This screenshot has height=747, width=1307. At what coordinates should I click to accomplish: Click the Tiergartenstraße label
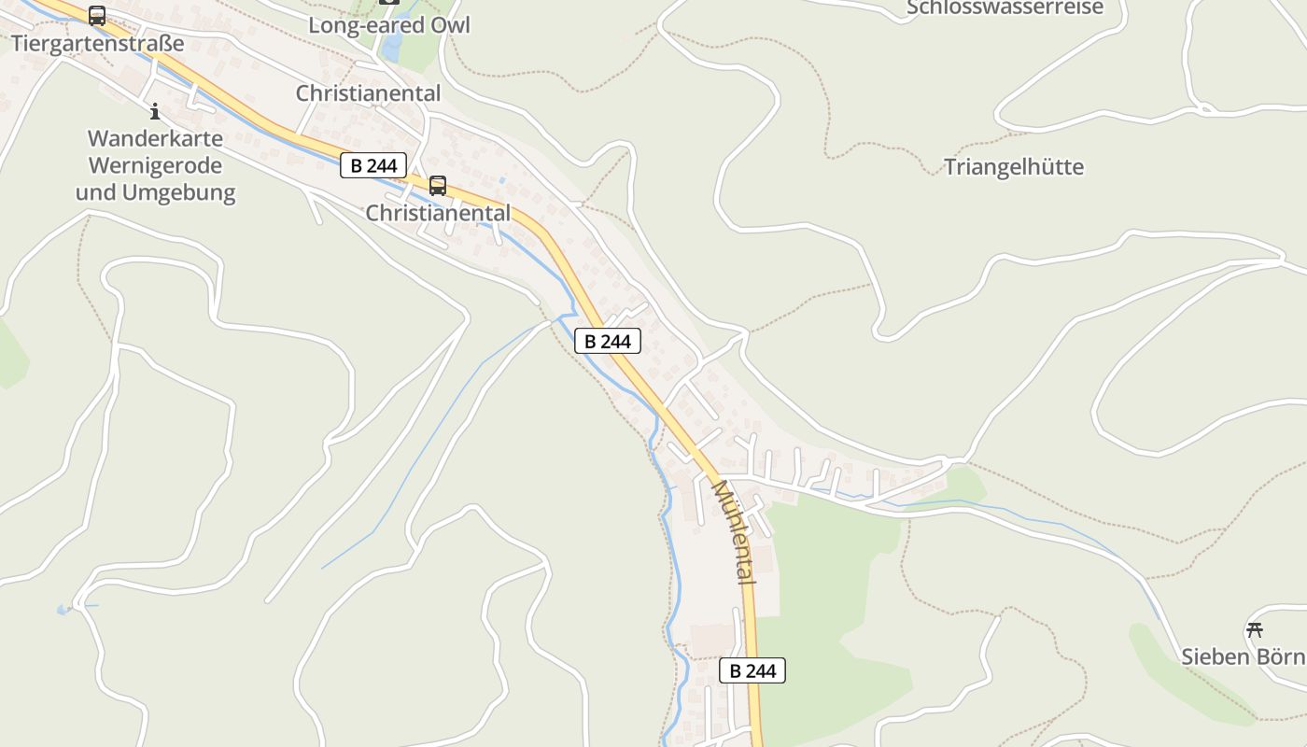click(98, 44)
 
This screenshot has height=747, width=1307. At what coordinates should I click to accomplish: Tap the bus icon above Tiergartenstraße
click(97, 16)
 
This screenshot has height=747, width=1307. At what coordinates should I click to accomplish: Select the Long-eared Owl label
click(389, 25)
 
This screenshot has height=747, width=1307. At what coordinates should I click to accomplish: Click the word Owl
click(448, 25)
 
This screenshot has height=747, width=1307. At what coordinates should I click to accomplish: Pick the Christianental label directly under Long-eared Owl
click(368, 93)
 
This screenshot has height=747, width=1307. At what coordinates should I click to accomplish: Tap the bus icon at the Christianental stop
click(438, 186)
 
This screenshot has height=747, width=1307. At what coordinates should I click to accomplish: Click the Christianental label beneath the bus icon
click(438, 213)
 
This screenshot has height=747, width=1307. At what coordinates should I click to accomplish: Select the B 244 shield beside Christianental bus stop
click(373, 166)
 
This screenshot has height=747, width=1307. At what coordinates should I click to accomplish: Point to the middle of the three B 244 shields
click(608, 342)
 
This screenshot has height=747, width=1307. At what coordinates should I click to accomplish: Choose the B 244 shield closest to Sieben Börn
click(752, 670)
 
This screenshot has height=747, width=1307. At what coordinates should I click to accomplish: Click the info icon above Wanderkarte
click(155, 112)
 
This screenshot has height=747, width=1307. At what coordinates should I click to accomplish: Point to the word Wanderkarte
click(155, 139)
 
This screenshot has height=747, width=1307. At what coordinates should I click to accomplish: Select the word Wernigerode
click(155, 166)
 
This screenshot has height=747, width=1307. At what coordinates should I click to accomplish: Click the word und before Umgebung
click(94, 193)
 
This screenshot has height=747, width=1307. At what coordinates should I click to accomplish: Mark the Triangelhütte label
click(1014, 167)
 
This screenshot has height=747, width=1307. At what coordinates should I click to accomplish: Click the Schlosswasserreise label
click(1005, 8)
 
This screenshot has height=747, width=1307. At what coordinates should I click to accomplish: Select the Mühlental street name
click(734, 532)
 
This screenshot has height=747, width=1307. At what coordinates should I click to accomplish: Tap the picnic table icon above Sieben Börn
click(1254, 629)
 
